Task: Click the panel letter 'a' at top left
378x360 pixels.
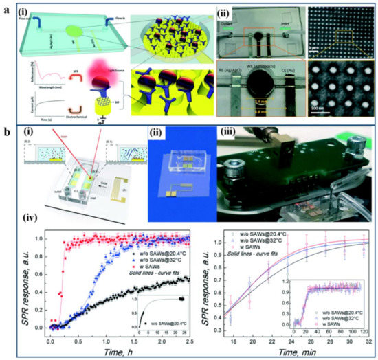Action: coord(6,8)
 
